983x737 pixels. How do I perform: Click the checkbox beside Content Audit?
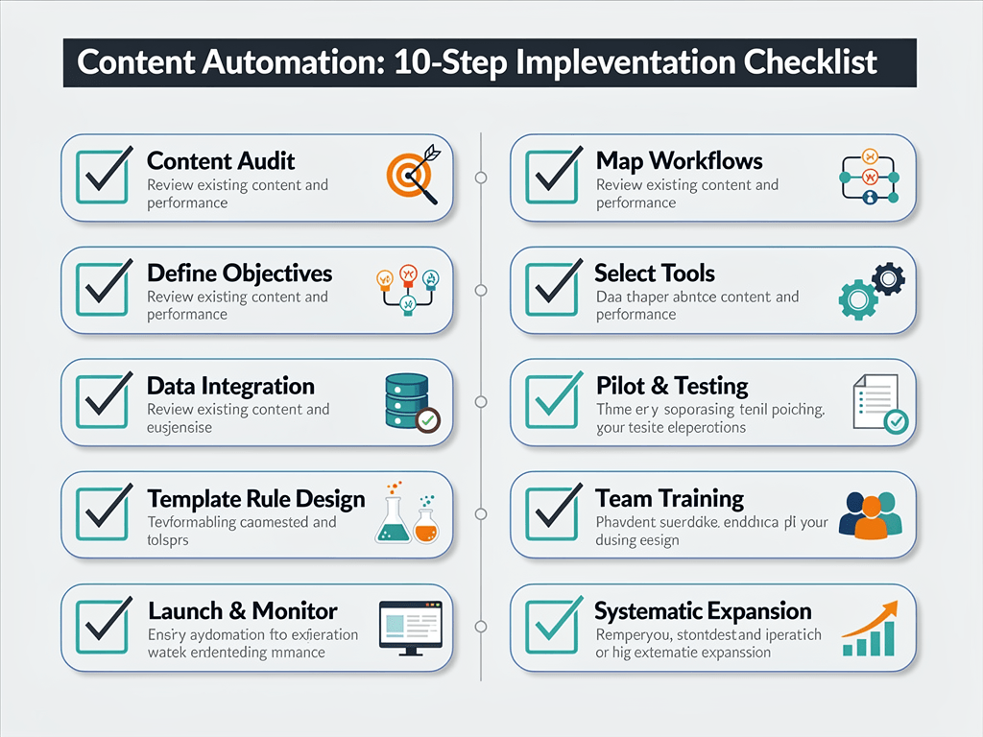[102, 176]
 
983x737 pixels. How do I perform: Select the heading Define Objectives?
[239, 273]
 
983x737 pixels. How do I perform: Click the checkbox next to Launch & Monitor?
[102, 625]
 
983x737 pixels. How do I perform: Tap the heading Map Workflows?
[679, 161]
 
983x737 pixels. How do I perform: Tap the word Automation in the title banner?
[265, 62]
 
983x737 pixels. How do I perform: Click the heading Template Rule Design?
[256, 499]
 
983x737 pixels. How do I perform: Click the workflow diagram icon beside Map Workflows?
[869, 177]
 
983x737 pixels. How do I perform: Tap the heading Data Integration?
[230, 387]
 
